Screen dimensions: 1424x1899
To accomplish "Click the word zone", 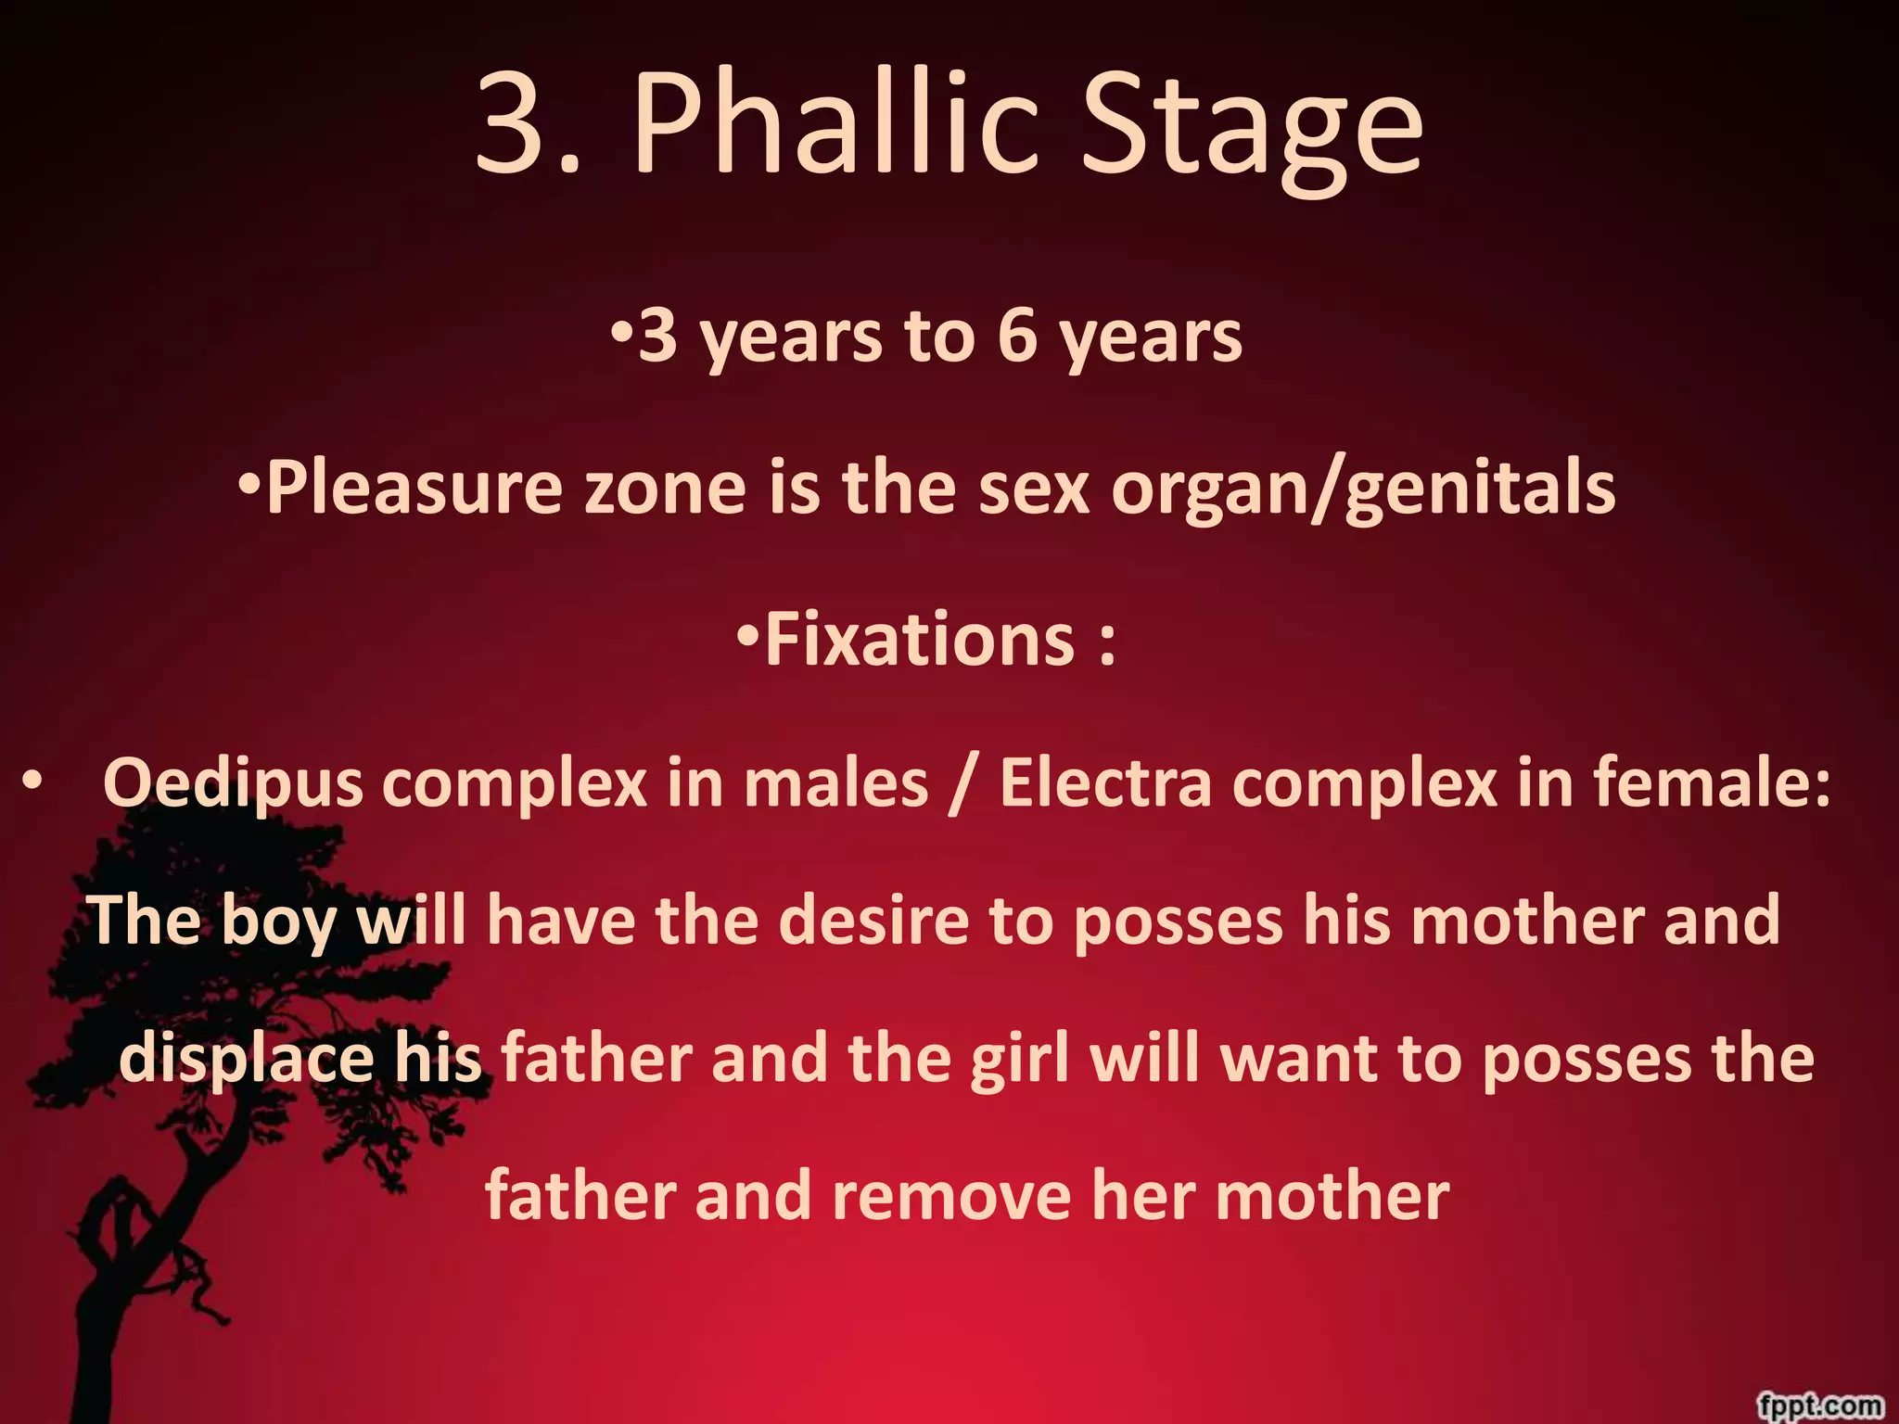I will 665,489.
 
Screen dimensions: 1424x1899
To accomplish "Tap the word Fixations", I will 919,640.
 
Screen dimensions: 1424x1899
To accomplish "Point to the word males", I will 835,783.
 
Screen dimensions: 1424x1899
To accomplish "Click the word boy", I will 278,922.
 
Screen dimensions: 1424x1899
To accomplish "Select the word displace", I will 246,1059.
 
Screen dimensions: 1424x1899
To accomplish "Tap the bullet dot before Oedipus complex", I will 32,782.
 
